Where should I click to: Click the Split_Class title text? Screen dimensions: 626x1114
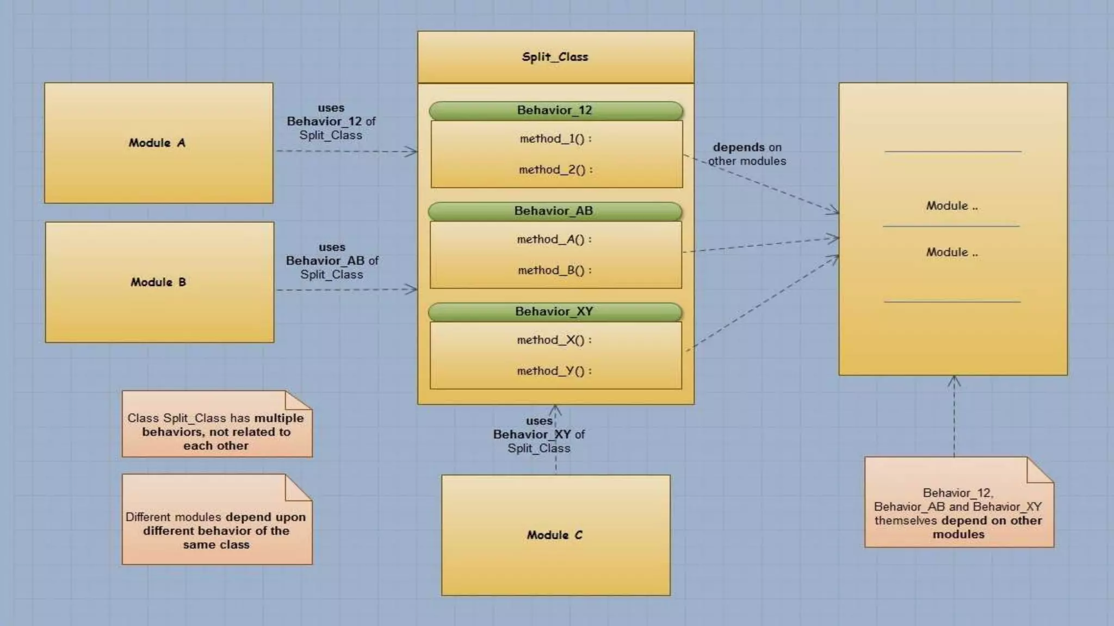[555, 57]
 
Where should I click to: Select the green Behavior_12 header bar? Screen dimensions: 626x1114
[555, 110]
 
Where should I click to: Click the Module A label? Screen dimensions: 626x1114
[157, 143]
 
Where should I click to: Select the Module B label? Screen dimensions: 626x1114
[158, 282]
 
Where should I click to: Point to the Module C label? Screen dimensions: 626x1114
[554, 535]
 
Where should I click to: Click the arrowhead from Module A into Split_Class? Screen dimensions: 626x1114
[412, 152]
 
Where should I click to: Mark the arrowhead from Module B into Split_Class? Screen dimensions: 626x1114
[412, 289]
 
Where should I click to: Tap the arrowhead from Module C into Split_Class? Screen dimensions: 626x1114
[555, 410]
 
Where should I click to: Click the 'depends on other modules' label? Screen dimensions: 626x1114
[747, 154]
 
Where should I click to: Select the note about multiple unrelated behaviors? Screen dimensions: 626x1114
[216, 431]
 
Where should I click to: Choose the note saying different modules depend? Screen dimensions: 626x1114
[216, 530]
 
